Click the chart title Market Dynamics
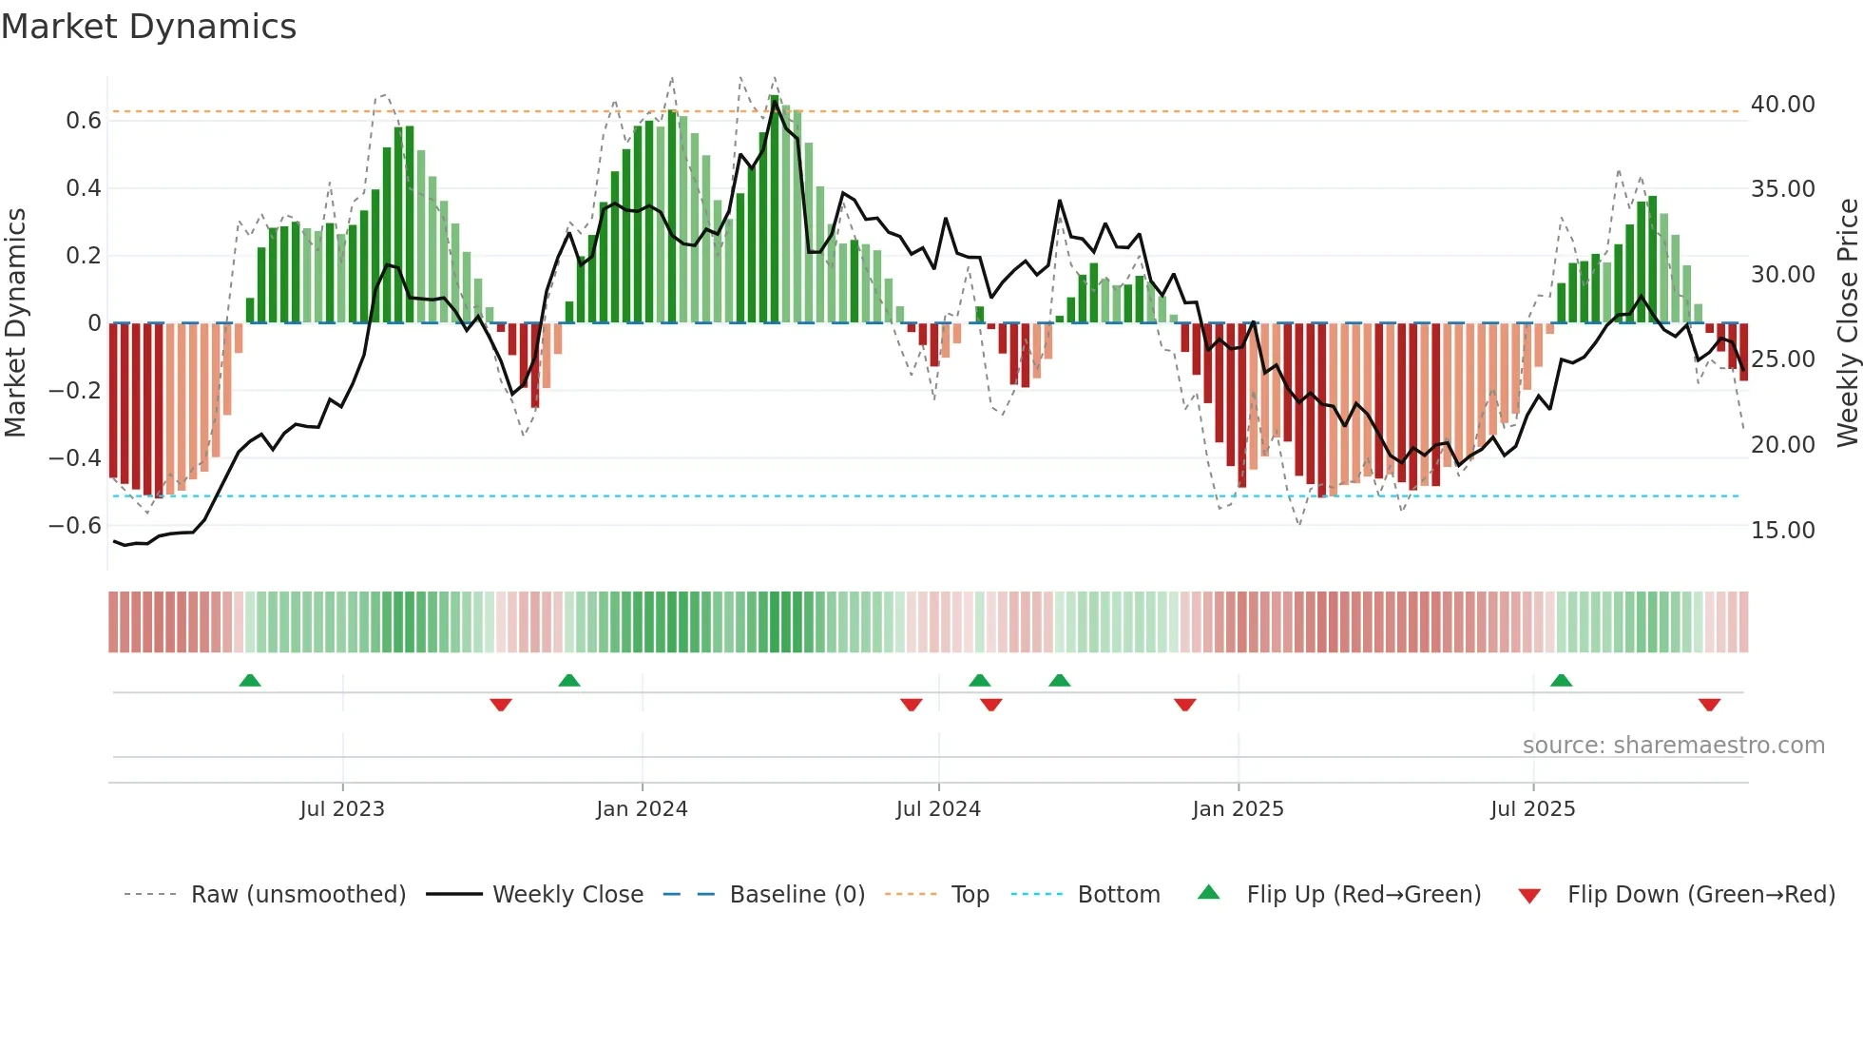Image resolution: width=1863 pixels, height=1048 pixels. [148, 27]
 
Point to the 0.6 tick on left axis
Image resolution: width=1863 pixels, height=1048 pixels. [83, 121]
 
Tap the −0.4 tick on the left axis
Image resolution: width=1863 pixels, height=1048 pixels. [75, 458]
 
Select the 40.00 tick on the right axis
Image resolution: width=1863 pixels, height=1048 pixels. [1782, 105]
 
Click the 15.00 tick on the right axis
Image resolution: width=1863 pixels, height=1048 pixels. [1782, 531]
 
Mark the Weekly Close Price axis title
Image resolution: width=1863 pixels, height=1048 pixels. [1847, 323]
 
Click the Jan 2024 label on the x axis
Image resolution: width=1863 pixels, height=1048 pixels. [642, 809]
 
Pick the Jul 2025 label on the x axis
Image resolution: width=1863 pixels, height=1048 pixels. [1532, 809]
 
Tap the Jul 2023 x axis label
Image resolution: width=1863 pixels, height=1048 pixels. [342, 809]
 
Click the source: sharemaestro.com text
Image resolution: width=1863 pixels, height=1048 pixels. [1673, 746]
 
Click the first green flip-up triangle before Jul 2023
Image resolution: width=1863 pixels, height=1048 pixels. [250, 681]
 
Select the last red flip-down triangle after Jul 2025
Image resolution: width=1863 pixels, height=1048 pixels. [1709, 705]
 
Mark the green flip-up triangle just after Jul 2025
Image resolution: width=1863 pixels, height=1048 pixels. [1561, 681]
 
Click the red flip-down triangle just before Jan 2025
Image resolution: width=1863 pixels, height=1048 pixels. [1184, 705]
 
